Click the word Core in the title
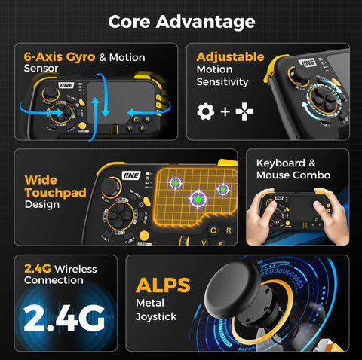point(129,22)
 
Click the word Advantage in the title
point(206,22)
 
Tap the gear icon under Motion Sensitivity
point(206,111)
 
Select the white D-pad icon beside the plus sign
point(244,111)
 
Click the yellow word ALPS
point(163,285)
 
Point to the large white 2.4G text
point(64,319)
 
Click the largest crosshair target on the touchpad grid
point(198,199)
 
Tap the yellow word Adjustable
point(230,57)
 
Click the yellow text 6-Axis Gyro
point(60,57)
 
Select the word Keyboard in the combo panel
point(281,163)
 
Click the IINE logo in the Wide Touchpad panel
point(131,175)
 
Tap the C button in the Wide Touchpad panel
point(213,230)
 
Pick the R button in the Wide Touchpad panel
point(229,230)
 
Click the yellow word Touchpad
point(56,193)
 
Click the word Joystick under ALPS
point(156,317)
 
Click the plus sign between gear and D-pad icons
point(225,111)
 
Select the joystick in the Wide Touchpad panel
point(111,187)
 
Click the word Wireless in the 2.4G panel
point(75,270)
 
